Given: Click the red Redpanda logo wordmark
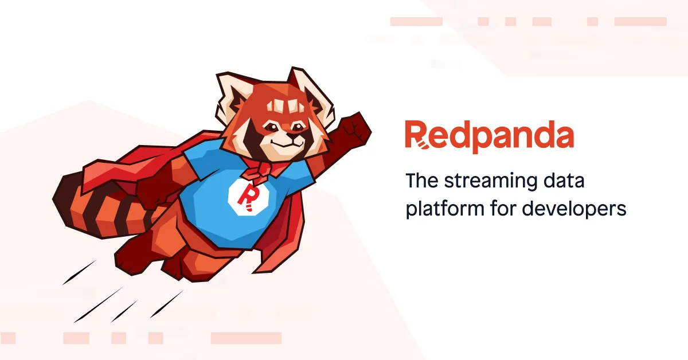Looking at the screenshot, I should (x=489, y=135).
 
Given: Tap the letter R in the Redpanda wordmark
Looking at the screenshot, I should (x=416, y=135).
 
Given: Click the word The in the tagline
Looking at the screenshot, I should (x=421, y=181).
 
